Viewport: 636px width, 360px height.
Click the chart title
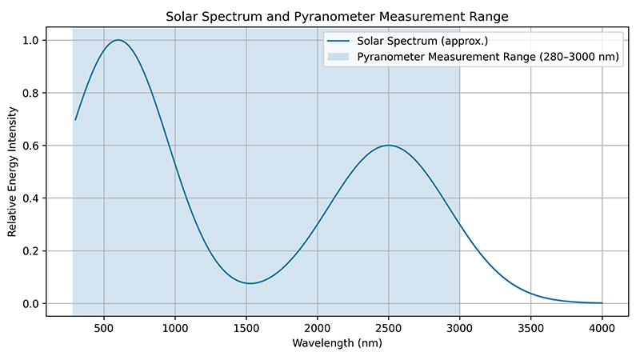pos(337,16)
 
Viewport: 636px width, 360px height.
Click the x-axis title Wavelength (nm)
pos(337,344)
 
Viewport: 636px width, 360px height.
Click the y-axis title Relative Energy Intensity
pos(12,172)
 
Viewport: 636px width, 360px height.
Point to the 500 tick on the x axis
pos(103,326)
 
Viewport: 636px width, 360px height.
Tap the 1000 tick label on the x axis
pos(174,326)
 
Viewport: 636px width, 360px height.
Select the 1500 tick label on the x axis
pos(246,326)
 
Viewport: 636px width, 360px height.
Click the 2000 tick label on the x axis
pos(318,326)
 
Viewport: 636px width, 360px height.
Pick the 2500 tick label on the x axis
pos(389,326)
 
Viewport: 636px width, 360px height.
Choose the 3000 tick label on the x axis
pos(460,326)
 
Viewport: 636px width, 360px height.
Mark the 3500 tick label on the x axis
pos(531,326)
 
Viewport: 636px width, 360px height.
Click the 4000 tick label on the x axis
pos(602,326)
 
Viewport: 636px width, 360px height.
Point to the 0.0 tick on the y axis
pos(31,304)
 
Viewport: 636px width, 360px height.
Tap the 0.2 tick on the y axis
pos(31,251)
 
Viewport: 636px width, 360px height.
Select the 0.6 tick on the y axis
pos(31,146)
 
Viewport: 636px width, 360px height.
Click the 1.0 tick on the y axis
pos(31,40)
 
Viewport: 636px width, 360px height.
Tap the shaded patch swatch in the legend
pos(338,58)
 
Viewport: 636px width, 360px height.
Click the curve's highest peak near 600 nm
pos(118,40)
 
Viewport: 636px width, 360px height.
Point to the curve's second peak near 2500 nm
pos(389,146)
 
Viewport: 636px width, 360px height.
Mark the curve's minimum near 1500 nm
pos(250,283)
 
